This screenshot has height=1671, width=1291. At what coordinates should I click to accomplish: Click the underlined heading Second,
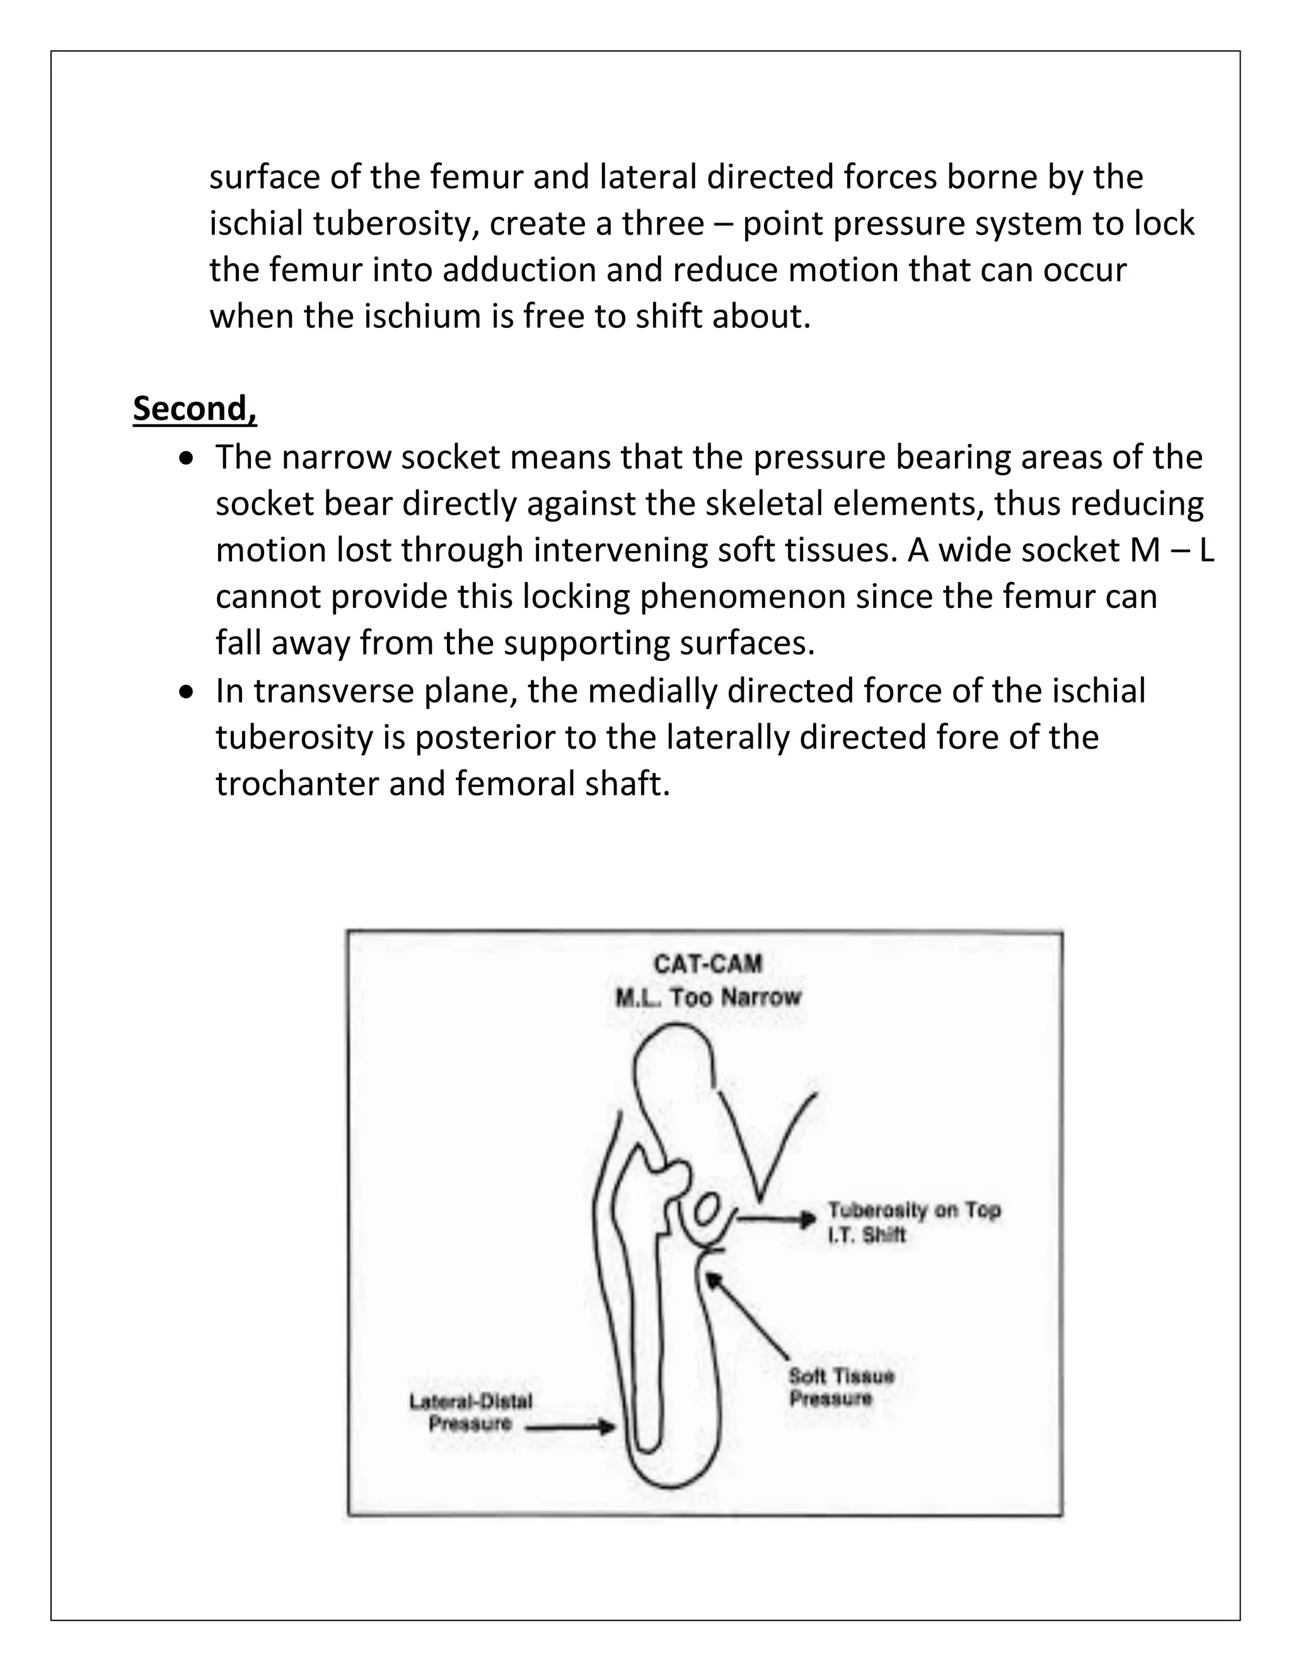[x=194, y=409]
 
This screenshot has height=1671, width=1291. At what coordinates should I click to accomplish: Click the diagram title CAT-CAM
[x=707, y=964]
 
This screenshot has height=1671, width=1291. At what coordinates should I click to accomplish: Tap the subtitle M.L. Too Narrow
[x=707, y=997]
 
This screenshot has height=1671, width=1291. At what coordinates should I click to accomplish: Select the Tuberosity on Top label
[x=914, y=1209]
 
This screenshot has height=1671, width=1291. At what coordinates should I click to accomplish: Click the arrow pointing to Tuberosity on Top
[x=776, y=1219]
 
